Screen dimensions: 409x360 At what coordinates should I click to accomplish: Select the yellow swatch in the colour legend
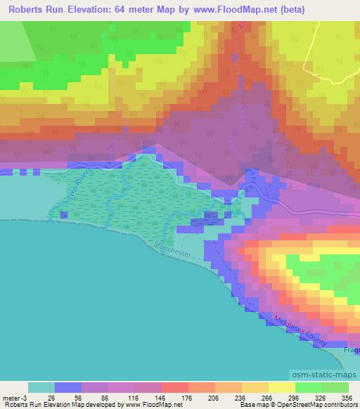click(281, 387)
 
